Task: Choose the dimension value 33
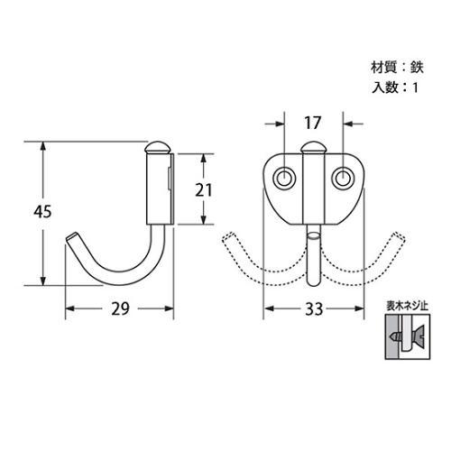point(313,309)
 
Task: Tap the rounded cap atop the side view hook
point(158,146)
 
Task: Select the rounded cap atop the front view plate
point(313,148)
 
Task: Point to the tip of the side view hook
point(72,236)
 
